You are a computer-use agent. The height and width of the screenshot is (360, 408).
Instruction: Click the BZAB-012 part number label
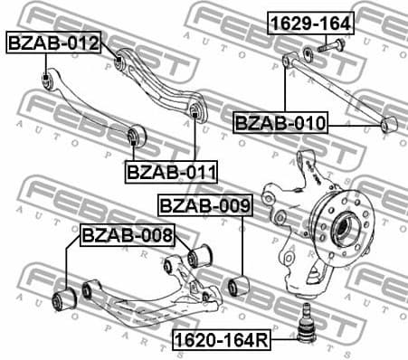click(x=52, y=42)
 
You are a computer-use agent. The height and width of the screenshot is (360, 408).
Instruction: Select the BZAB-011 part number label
click(x=164, y=168)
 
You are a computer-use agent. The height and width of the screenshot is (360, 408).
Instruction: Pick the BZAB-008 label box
click(x=127, y=235)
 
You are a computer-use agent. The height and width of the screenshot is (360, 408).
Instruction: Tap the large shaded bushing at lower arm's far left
click(x=64, y=298)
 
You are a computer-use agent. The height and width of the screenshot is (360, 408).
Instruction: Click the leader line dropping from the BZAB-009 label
click(x=242, y=244)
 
